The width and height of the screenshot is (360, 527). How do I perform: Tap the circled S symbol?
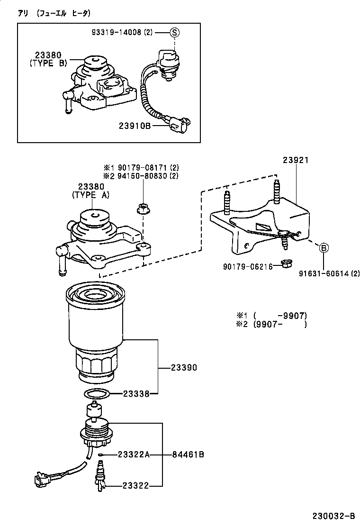174,32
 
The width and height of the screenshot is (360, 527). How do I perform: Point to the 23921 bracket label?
296,160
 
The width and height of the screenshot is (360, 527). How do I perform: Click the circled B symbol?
324,247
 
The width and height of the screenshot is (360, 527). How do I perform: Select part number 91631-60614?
328,273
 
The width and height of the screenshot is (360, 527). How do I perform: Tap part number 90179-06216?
247,267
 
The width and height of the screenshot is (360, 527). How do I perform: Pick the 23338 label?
136,393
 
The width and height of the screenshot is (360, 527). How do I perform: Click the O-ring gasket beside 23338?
97,394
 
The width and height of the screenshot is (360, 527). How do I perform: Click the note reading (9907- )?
279,324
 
